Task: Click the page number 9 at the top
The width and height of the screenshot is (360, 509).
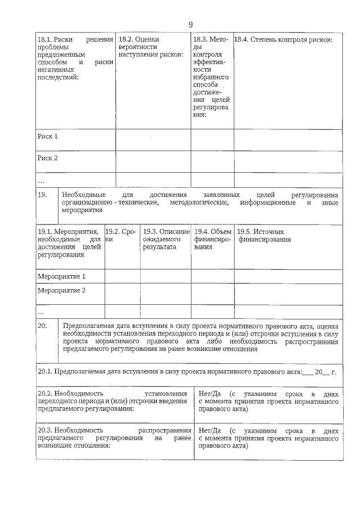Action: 190,24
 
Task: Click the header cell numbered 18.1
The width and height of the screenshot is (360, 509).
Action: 75,58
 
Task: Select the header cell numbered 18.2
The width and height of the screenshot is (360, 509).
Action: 152,47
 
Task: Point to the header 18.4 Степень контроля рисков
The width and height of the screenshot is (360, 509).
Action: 283,40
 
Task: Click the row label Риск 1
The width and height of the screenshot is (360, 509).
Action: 48,137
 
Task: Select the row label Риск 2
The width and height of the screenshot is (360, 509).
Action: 48,158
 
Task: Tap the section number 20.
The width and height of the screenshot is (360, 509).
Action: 42,326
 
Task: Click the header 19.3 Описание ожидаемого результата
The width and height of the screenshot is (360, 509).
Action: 165,239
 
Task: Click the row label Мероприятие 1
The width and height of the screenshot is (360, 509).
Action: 61,277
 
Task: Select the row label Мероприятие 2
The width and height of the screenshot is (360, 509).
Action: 61,291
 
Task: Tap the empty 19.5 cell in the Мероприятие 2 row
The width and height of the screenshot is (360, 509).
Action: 288,292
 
